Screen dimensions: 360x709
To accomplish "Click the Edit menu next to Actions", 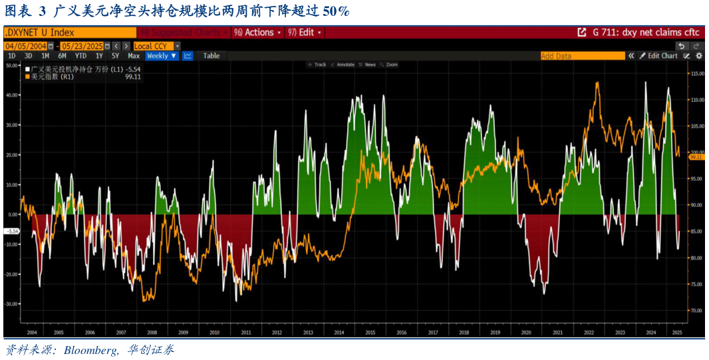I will click(307, 32).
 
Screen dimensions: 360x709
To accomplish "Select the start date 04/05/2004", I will click(25, 46).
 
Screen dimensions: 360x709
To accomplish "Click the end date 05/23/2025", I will click(82, 46).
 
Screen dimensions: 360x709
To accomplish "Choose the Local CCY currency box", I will click(153, 46).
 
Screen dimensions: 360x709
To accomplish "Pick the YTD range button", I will click(80, 56).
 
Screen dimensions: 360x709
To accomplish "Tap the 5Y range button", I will click(116, 56).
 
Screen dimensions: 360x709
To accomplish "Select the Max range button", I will click(134, 56).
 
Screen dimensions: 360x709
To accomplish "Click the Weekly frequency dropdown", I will click(162, 56).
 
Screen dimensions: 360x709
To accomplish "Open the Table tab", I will click(212, 56).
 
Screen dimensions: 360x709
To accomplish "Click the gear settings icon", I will click(699, 56).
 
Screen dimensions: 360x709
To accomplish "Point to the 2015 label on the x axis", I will click(370, 332).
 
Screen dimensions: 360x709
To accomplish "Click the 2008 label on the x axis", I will click(152, 332).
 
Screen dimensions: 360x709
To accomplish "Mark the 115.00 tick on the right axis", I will click(697, 74).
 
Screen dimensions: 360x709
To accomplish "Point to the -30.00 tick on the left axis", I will click(11, 304).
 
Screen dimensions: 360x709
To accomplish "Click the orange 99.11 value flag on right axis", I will click(696, 158).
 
